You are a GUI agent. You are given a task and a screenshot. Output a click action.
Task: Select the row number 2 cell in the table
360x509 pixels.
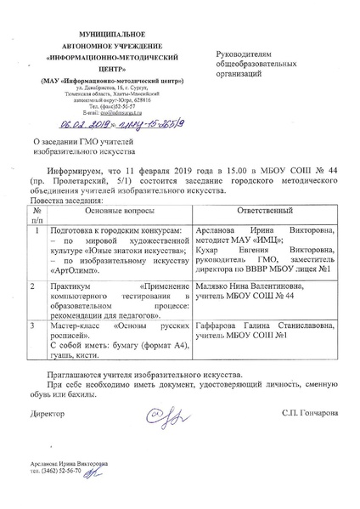31,287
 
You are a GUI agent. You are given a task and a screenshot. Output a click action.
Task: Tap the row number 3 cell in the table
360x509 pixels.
31,325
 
